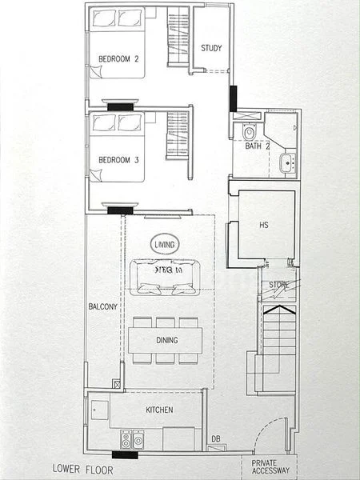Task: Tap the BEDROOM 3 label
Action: coord(119,160)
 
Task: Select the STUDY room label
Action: coord(211,47)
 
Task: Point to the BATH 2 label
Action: coord(257,146)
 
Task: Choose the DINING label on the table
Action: coord(166,340)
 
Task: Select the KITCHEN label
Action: coord(160,410)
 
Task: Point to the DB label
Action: coord(215,438)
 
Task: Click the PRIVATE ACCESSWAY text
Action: coord(270,467)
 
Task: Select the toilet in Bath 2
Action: coord(248,131)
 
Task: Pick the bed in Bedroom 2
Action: coord(117,44)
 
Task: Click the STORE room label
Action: coord(278,285)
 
